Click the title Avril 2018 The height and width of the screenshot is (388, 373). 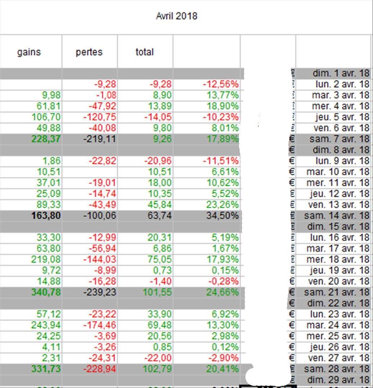pyautogui.click(x=176, y=16)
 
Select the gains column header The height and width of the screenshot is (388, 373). pyautogui.click(x=29, y=52)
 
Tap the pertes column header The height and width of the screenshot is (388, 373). pyautogui.click(x=89, y=52)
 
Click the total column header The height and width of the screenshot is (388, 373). pyautogui.click(x=144, y=52)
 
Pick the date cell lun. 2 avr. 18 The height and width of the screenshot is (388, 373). pyautogui.click(x=340, y=84)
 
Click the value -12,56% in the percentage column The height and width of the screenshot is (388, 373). pyautogui.click(x=221, y=84)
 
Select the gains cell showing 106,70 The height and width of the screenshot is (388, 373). pyautogui.click(x=46, y=117)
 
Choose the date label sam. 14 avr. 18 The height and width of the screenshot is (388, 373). pyautogui.click(x=337, y=216)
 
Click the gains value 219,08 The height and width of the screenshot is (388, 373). pyautogui.click(x=46, y=259)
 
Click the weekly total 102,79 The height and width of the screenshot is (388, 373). pyautogui.click(x=158, y=369)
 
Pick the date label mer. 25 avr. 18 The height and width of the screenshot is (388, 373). pyautogui.click(x=338, y=336)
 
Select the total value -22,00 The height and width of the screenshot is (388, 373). pyautogui.click(x=160, y=358)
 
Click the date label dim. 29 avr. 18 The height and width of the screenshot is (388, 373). pyautogui.click(x=338, y=380)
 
